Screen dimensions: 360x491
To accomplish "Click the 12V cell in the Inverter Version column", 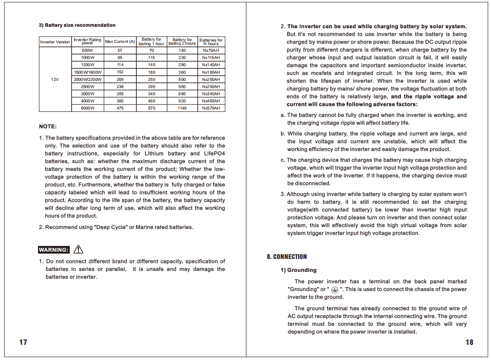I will [x=55, y=79].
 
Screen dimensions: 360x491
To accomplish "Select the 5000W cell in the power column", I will [x=88, y=108].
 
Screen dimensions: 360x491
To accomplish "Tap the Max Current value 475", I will [x=120, y=108].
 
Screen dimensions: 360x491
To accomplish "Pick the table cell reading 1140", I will [x=182, y=108].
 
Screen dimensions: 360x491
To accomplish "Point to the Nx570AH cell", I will [x=211, y=108].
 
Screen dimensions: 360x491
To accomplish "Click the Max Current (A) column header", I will [x=120, y=42].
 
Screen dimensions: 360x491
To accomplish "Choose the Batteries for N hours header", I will [x=211, y=42].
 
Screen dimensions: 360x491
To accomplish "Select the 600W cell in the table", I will [x=88, y=51].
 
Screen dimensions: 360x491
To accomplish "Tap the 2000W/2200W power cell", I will [x=88, y=79].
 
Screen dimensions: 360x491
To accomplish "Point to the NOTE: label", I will [x=48, y=127].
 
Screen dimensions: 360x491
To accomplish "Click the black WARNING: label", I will [x=54, y=250].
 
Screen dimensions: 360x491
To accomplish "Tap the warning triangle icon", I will [x=78, y=249].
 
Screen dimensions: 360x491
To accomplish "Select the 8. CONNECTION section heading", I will [x=287, y=257].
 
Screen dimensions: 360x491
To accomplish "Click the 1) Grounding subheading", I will [x=298, y=270].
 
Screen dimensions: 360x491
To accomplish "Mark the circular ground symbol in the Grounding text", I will [x=335, y=290].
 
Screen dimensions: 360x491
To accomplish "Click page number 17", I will [x=23, y=342].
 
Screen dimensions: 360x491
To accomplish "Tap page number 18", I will [x=469, y=342].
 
